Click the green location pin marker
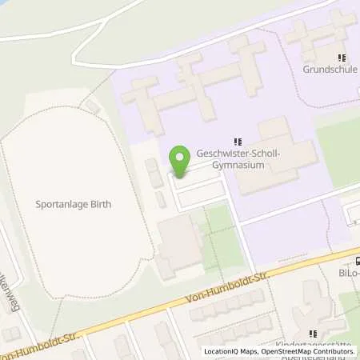click(180, 161)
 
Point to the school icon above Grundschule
click(342, 58)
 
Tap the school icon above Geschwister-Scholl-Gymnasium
click(236, 142)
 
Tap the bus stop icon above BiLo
click(358, 258)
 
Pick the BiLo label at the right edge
click(350, 272)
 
